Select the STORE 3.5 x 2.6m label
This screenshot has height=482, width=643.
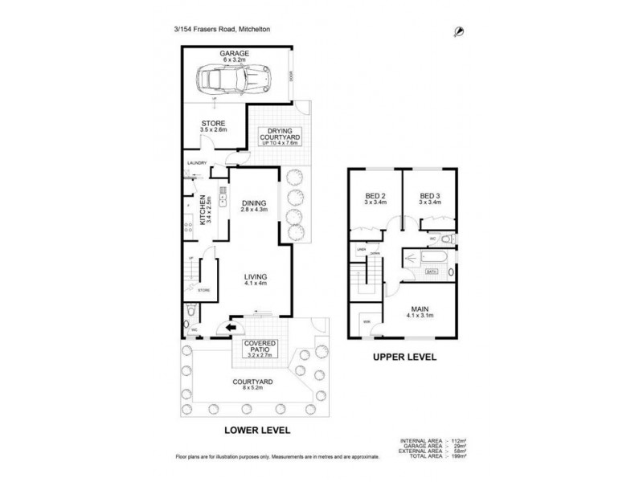tap(213, 125)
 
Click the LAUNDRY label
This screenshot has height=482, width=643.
tap(197, 163)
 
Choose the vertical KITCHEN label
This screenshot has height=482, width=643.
tap(199, 212)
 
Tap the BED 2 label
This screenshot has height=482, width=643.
tap(375, 198)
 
